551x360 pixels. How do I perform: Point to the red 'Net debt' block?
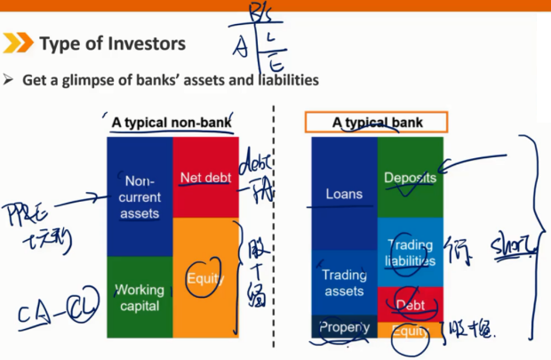click(205, 178)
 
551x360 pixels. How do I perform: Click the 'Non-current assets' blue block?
click(140, 196)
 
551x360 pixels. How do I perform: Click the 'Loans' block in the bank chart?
click(344, 194)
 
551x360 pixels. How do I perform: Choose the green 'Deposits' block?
click(410, 178)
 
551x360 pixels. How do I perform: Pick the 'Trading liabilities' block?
click(410, 253)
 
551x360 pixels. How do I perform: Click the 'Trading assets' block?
click(344, 284)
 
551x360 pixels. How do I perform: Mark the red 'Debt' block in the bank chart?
click(410, 305)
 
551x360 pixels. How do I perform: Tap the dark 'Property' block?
click(344, 327)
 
